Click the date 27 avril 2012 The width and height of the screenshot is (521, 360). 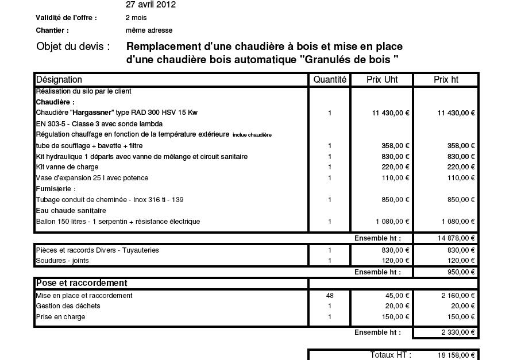150,5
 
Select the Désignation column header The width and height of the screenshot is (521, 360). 59,80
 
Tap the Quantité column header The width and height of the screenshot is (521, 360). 330,80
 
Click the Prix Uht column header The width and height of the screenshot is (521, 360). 382,80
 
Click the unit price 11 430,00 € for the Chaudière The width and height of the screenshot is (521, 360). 391,113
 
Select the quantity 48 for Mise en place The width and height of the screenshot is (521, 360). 330,296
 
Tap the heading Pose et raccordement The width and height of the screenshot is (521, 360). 82,283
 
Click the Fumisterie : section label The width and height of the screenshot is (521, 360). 56,189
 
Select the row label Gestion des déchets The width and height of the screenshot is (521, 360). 68,306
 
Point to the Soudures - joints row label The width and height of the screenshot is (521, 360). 63,261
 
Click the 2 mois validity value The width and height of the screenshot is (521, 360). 136,18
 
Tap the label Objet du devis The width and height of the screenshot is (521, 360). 73,47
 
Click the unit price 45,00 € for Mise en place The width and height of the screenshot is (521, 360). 397,296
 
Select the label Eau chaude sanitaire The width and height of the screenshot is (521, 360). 71,211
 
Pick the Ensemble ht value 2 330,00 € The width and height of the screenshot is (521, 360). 458,332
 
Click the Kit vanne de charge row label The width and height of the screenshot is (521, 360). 67,167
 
